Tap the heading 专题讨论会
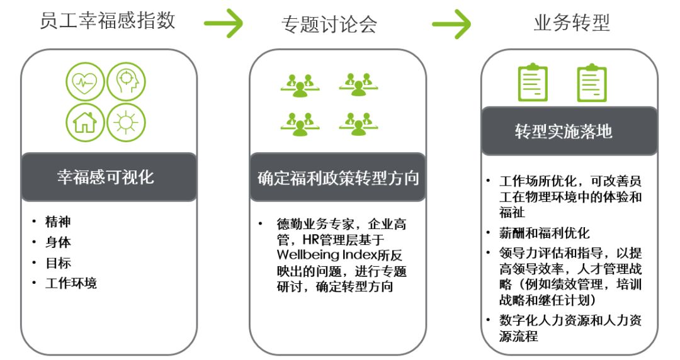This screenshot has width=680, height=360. (x=329, y=23)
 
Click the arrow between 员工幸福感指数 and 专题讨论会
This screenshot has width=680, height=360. (x=224, y=23)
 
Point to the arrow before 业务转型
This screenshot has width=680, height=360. (x=451, y=23)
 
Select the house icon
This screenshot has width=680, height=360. (x=85, y=121)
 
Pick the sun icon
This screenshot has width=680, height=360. (x=126, y=121)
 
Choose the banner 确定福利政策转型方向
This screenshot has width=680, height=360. (x=337, y=177)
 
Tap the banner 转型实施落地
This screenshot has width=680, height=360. (x=569, y=132)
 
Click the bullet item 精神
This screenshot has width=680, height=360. (x=58, y=222)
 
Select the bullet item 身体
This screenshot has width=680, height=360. (x=58, y=242)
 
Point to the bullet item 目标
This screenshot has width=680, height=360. (x=58, y=262)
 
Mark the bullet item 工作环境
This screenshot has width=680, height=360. (x=71, y=283)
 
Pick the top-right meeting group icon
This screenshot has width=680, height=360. (x=358, y=83)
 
